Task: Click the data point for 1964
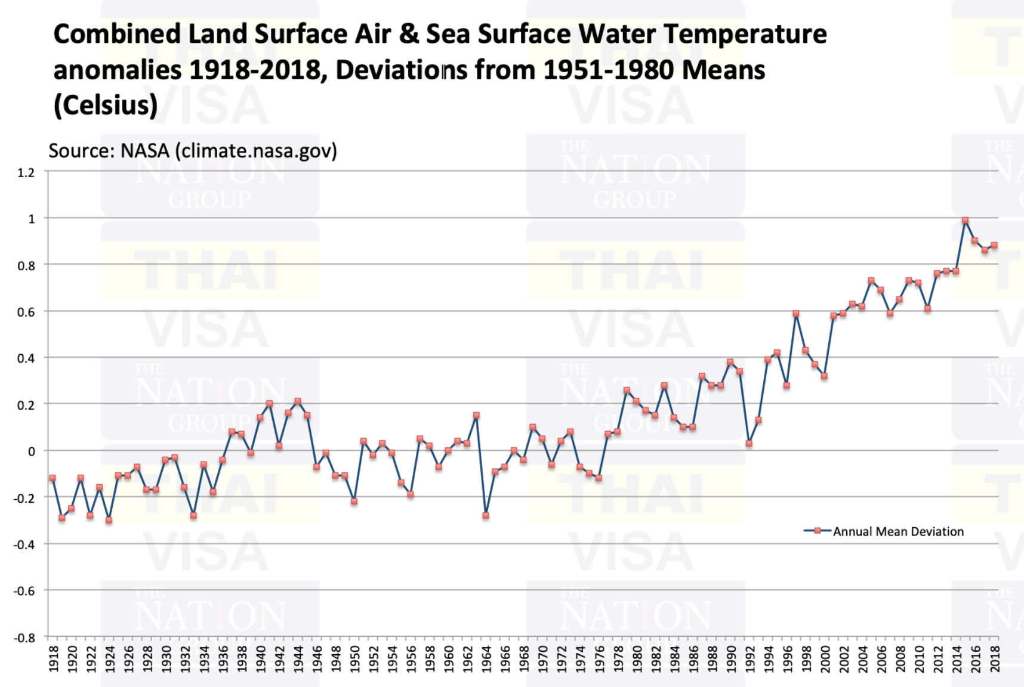pyautogui.click(x=486, y=515)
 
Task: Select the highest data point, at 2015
pyautogui.click(x=965, y=221)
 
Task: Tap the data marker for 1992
pyautogui.click(x=749, y=443)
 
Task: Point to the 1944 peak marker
pyautogui.click(x=298, y=401)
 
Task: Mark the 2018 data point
pyautogui.click(x=994, y=245)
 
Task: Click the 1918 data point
pyautogui.click(x=53, y=478)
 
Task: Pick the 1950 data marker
pyautogui.click(x=354, y=502)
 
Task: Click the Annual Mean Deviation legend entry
pyautogui.click(x=897, y=531)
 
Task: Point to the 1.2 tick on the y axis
pyautogui.click(x=26, y=172)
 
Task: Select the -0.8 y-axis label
pyautogui.click(x=24, y=637)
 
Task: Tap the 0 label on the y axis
pyautogui.click(x=31, y=451)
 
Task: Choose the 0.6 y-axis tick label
pyautogui.click(x=26, y=311)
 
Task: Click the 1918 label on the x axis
pyautogui.click(x=54, y=658)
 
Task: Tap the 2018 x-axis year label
pyautogui.click(x=994, y=658)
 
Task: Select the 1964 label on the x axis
pyautogui.click(x=486, y=658)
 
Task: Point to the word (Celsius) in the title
pyautogui.click(x=106, y=105)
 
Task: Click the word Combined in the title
pyautogui.click(x=117, y=34)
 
